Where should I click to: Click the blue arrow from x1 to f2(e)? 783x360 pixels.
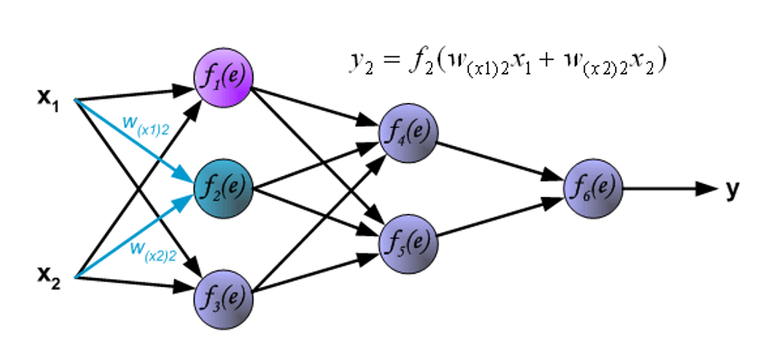pos(132,141)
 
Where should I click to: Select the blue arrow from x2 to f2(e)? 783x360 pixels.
pos(132,234)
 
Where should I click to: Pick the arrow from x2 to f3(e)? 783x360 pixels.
pos(132,283)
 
